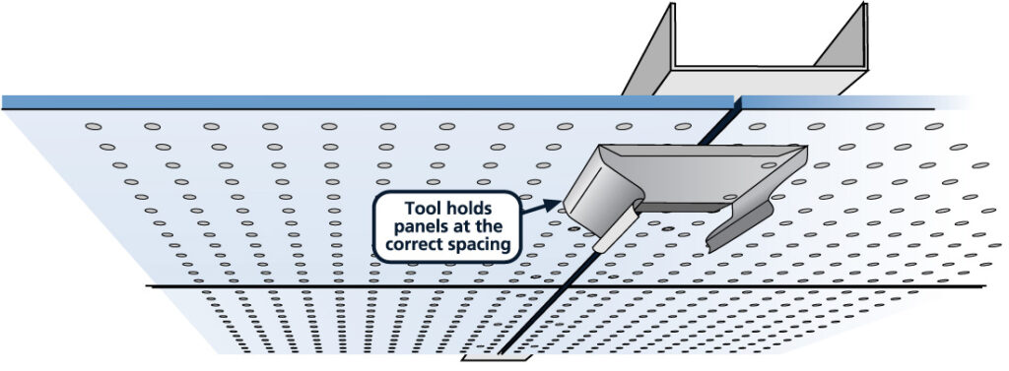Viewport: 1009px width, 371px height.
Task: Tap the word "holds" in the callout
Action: (476, 209)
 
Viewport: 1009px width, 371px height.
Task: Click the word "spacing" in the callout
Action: (484, 245)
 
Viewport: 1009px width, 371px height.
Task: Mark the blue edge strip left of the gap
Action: (365, 101)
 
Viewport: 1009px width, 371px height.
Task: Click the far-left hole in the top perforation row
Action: (94, 126)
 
